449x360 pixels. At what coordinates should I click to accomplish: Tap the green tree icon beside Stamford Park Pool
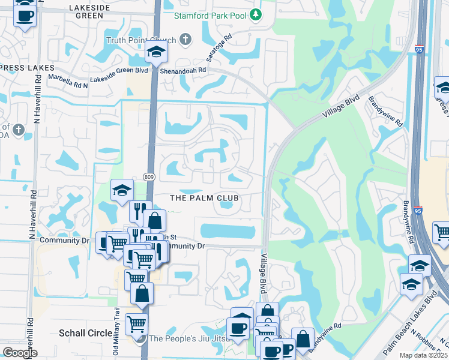coord(256,14)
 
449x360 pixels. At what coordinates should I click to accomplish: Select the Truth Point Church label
coord(141,40)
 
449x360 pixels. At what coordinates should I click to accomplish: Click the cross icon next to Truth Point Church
coord(185,40)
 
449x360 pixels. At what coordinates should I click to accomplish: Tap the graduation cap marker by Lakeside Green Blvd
coord(156,53)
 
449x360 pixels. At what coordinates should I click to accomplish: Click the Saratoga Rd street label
coord(220,44)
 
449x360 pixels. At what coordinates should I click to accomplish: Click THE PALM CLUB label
coord(204,198)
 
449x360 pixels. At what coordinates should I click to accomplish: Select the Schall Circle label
coord(85,333)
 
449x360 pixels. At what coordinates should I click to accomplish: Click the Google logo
coord(20,353)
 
